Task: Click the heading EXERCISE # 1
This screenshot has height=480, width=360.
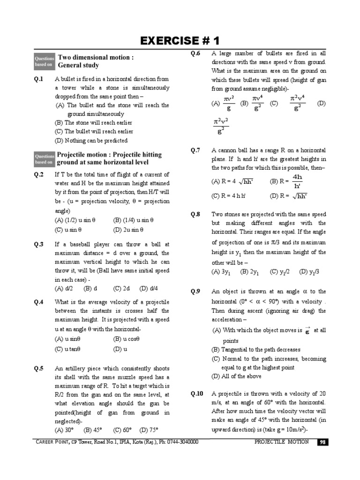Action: click(x=180, y=40)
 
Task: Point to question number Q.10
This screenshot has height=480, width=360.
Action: click(x=197, y=394)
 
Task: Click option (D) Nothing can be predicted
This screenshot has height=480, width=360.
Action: click(x=91, y=140)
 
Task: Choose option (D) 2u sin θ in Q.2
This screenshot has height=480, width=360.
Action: click(x=128, y=230)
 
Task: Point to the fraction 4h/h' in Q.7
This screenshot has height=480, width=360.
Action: click(x=297, y=181)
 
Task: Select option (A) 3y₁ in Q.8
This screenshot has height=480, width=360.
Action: click(x=221, y=271)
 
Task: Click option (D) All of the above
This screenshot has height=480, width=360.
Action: click(x=236, y=376)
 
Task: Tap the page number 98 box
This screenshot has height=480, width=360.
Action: click(x=322, y=442)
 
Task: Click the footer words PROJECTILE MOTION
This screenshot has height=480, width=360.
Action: click(x=282, y=442)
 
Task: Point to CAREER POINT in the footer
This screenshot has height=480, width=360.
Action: click(x=52, y=442)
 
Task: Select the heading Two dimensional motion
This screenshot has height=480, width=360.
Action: click(x=96, y=57)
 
